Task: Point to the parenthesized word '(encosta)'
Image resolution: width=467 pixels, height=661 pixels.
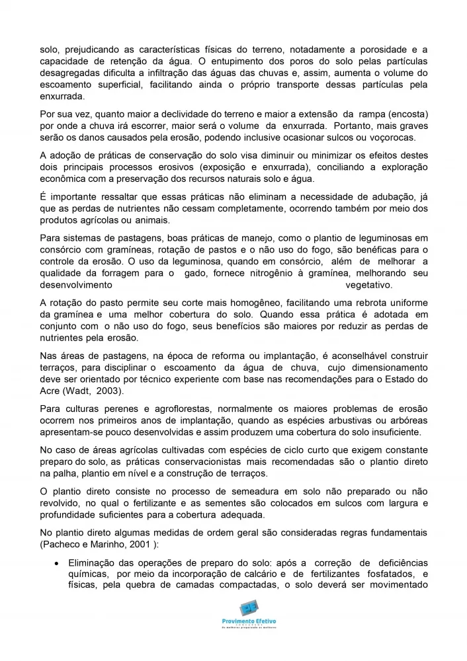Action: [405, 113]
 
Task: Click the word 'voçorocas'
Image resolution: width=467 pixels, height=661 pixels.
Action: [391, 137]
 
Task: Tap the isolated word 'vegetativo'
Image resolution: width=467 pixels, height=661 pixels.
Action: [368, 285]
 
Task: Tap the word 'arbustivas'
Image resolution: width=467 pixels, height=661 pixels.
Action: [347, 420]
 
